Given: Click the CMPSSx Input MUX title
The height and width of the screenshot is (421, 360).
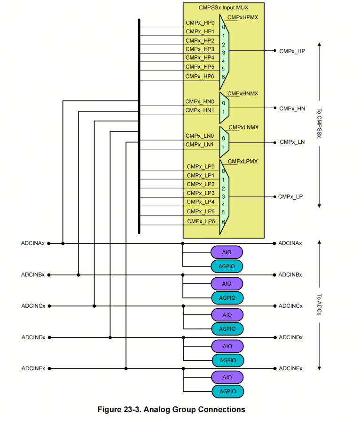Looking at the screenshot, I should point(223,8).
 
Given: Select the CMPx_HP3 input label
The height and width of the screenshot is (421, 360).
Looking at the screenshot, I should point(200,49).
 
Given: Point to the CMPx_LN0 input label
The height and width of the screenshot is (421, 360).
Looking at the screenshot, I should point(200,136).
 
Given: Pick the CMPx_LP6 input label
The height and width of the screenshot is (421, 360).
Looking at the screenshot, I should point(201,221).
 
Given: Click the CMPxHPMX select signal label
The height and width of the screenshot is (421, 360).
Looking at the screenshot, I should point(243,17).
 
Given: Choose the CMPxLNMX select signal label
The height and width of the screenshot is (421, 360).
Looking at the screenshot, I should point(243,127).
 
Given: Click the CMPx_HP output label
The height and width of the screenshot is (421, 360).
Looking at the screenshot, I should point(292,51).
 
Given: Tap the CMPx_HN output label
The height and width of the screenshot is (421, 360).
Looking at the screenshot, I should point(292,109).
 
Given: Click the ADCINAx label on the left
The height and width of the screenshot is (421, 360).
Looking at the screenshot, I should point(33,243).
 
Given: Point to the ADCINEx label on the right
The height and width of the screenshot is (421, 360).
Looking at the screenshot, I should point(290,369).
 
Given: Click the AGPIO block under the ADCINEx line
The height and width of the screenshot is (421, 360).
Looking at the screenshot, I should point(227,391).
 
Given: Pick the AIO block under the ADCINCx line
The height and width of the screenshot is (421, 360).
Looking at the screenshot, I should point(227,315).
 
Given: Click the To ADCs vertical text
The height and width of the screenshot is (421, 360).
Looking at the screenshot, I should point(319,305).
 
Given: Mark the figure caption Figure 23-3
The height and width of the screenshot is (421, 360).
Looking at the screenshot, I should point(171,409).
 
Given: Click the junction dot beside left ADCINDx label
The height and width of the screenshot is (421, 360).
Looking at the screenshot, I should point(49,337).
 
